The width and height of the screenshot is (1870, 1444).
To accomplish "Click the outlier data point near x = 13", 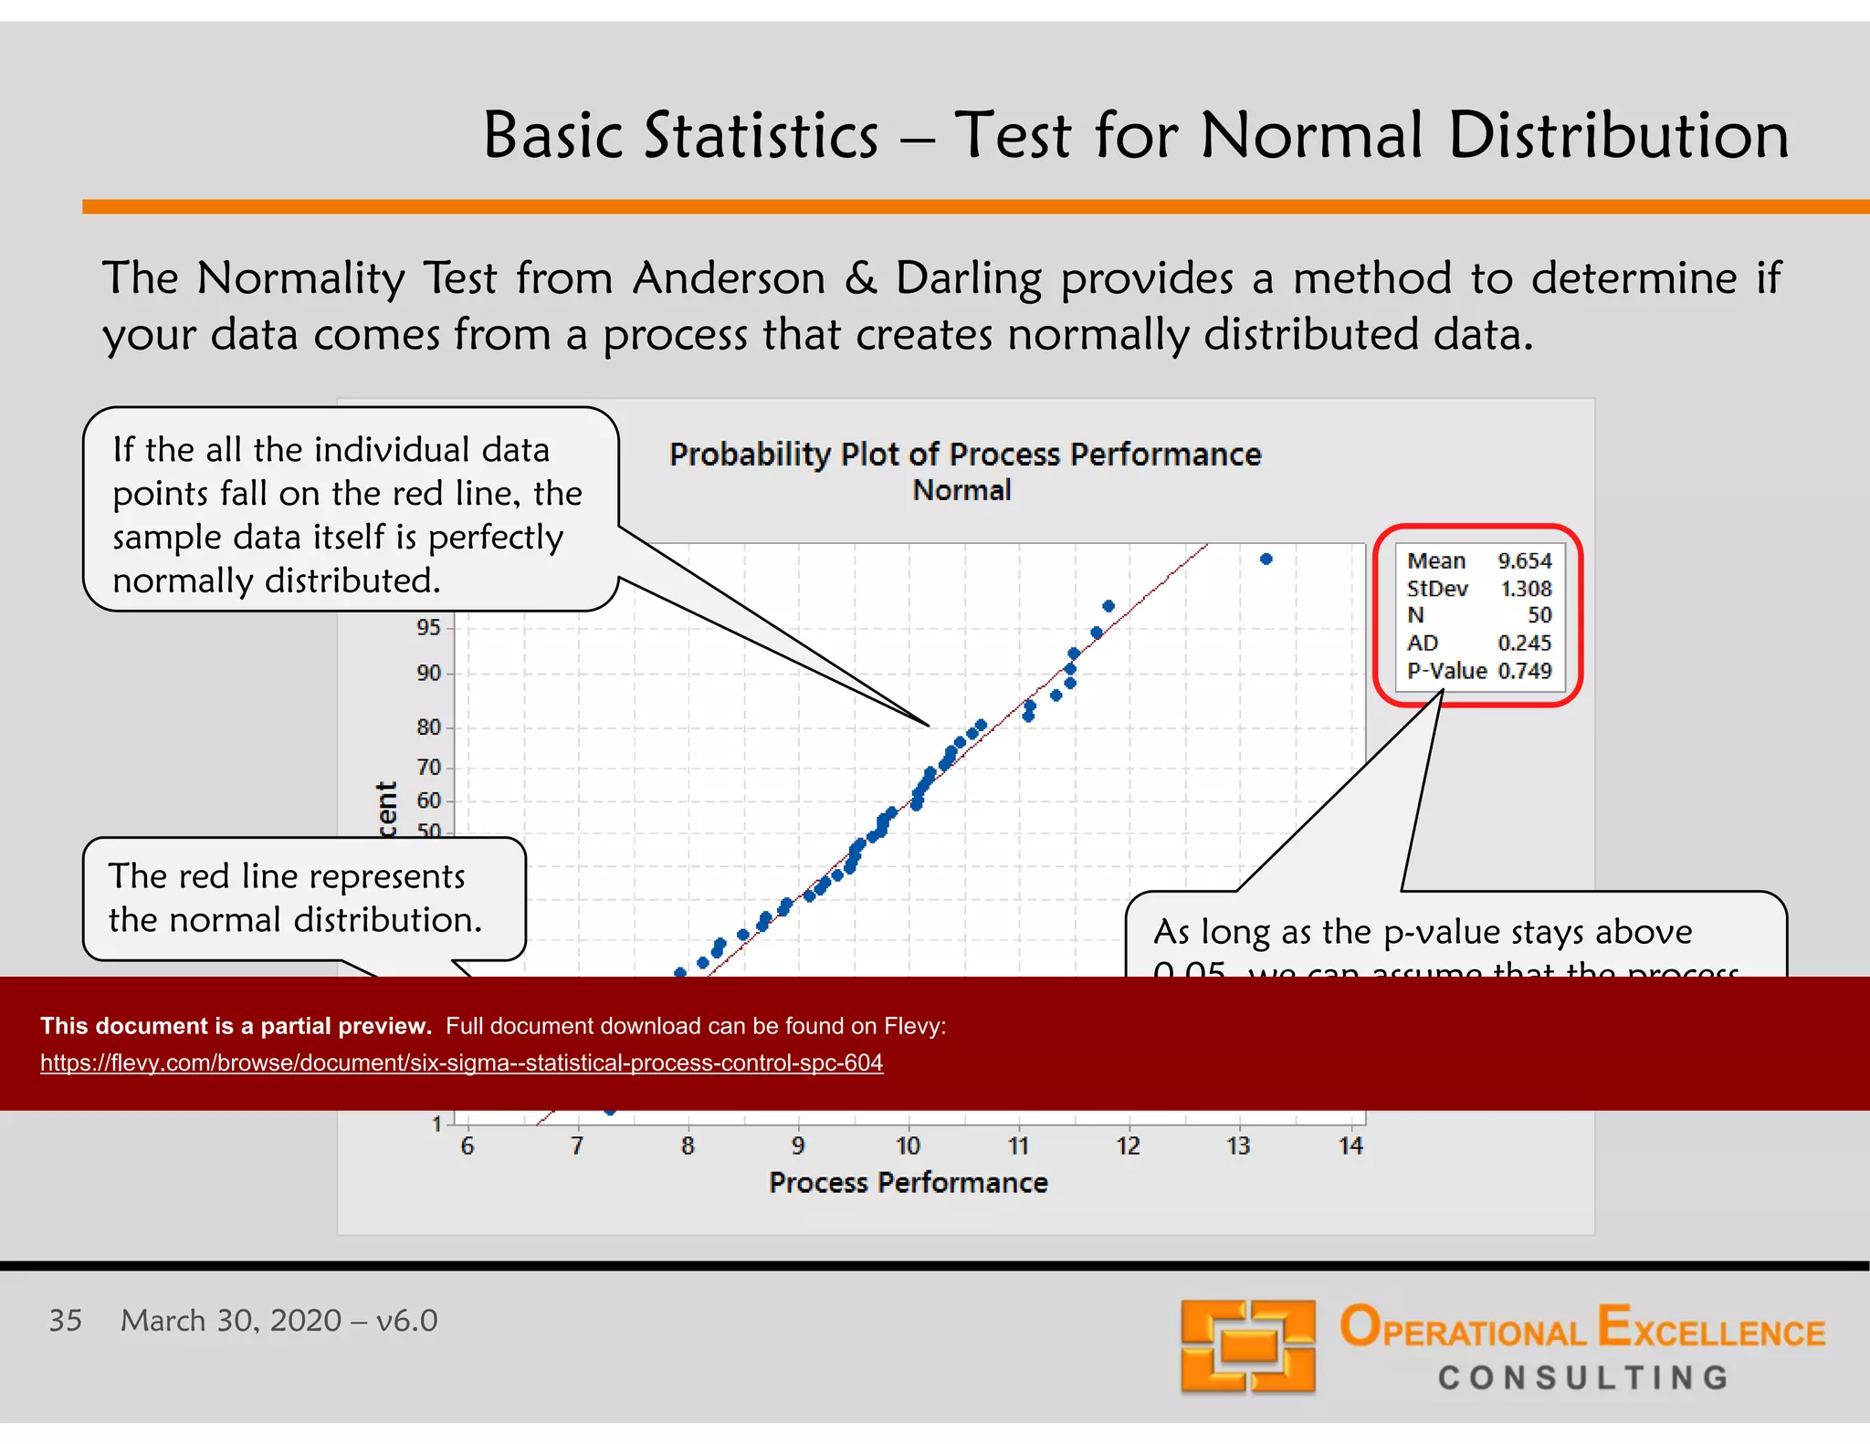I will pos(1266,559).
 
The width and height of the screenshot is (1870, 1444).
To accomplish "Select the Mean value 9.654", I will pos(1524,560).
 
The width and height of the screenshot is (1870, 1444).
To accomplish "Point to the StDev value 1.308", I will pos(1526,589).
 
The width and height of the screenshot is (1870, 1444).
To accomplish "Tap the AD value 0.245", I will pos(1524,644).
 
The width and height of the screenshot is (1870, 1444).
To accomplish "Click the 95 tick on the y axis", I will pos(428,628).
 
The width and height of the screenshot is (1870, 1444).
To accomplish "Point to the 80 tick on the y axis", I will pos(428,727).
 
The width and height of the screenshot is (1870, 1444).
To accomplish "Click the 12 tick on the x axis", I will pos(1128,1146).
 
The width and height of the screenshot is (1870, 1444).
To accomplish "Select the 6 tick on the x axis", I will pos(467,1146).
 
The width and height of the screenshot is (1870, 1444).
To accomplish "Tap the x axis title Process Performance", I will pos(908,1183).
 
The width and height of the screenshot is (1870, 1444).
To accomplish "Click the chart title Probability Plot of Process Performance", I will pos(964,455).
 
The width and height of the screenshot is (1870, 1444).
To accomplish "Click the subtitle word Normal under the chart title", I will pos(961,491).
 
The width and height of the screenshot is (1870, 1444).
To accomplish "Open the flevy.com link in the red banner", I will pos(461,1063).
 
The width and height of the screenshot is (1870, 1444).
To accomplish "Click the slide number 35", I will pos(65,1321).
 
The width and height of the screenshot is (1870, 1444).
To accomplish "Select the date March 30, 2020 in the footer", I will pos(231,1321).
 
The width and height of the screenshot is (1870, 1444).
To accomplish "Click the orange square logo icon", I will pos(1247,1346).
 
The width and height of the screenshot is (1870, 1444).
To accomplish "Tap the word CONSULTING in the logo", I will pos(1582,1377).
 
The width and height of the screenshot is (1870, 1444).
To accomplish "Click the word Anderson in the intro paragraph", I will pos(729,278).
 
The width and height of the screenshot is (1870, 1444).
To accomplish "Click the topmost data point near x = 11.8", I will pos(1108,606).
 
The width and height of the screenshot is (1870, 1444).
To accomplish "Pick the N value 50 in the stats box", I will pos(1539,616).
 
